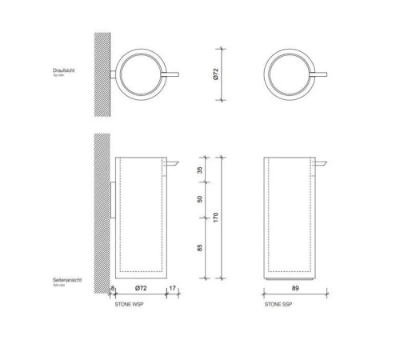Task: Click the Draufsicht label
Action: coord(64,71)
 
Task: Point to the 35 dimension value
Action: coord(199,170)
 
